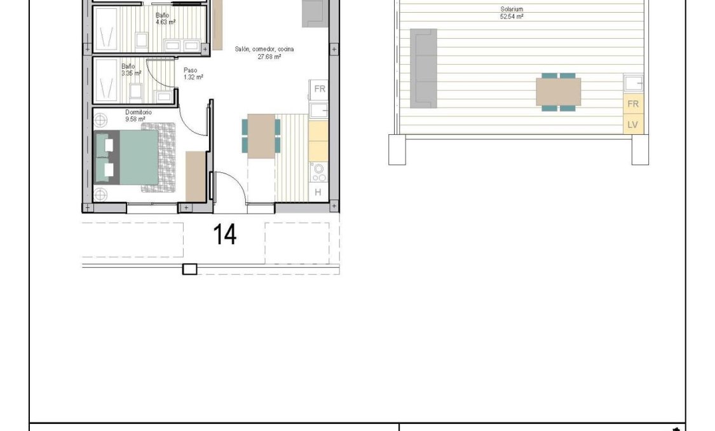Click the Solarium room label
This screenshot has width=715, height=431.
511,10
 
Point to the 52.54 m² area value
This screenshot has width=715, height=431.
511,17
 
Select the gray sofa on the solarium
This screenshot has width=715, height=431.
424,68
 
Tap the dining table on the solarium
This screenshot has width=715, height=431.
558,92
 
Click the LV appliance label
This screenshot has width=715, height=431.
632,125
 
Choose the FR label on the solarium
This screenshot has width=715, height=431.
632,104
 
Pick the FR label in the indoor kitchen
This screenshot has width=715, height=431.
319,89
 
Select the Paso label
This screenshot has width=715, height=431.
191,71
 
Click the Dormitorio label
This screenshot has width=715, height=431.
139,112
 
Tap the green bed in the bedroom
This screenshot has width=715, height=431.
138,157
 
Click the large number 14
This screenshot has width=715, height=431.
225,235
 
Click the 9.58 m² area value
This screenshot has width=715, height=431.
135,119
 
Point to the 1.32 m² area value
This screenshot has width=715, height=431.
193,77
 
